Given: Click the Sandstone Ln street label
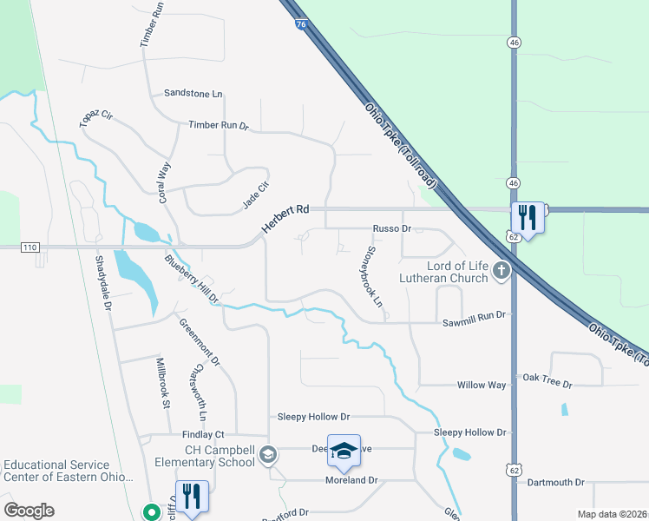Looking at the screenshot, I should (193, 93).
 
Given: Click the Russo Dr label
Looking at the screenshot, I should (391, 228).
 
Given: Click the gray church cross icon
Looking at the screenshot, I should (501, 272).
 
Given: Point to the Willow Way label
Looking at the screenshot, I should (482, 384).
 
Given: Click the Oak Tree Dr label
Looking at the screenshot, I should (547, 383).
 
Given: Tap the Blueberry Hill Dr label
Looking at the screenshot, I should (192, 278).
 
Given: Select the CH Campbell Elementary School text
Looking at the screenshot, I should (220, 456).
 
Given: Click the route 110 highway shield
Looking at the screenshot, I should (30, 247).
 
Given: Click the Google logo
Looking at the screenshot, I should (29, 511).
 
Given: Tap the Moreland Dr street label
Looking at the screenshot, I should (351, 480).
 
